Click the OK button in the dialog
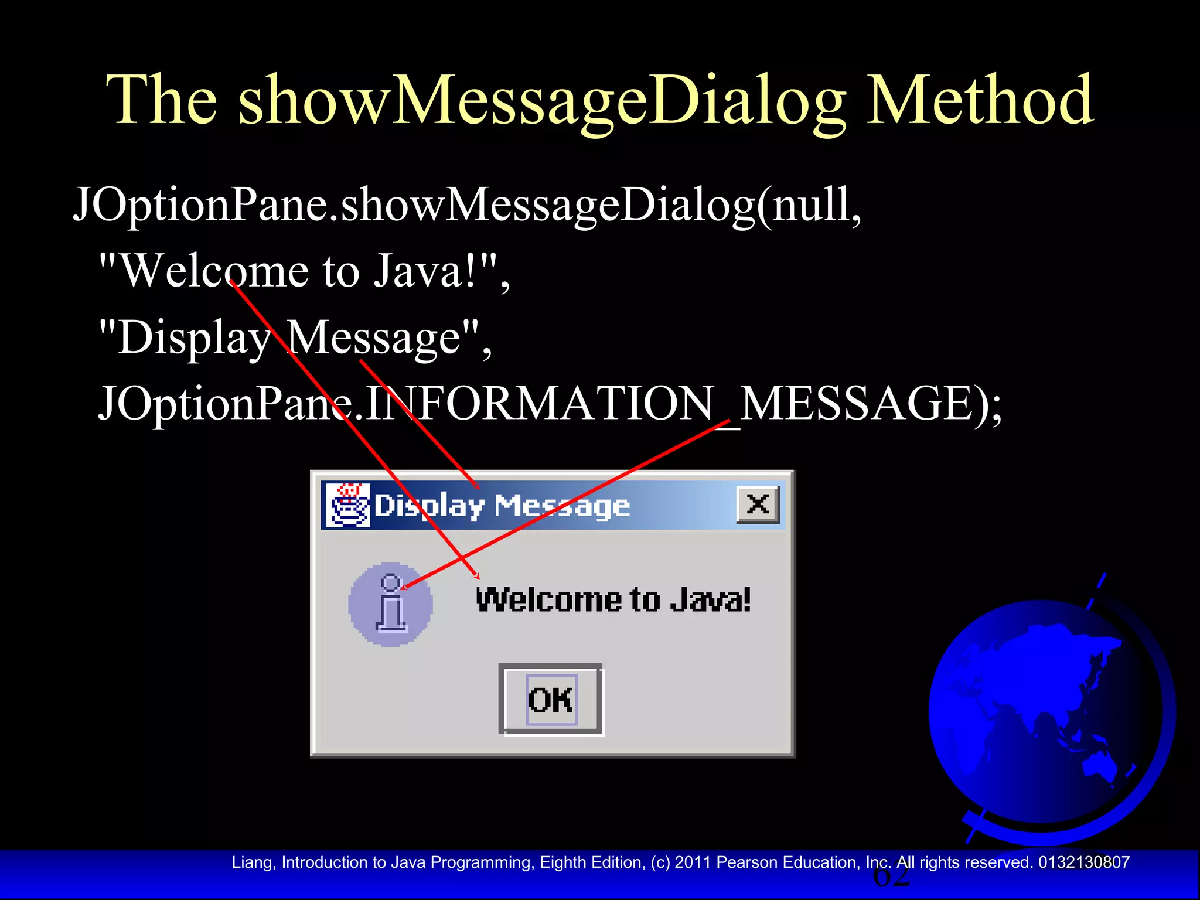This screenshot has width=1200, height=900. coord(550,700)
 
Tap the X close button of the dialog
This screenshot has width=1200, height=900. coord(758,504)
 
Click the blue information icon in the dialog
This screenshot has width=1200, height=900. coord(390,605)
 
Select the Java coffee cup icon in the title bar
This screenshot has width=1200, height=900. coord(348,505)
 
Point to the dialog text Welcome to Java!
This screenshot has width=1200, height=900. coord(613,600)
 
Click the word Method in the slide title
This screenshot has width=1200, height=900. coord(980,101)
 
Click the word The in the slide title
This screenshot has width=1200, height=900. coord(162,101)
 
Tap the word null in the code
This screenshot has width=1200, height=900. coord(811,205)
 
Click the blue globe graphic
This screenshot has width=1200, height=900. coord(1046,715)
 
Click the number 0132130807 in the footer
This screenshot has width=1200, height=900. coord(1083,862)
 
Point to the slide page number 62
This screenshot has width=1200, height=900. coord(891,877)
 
